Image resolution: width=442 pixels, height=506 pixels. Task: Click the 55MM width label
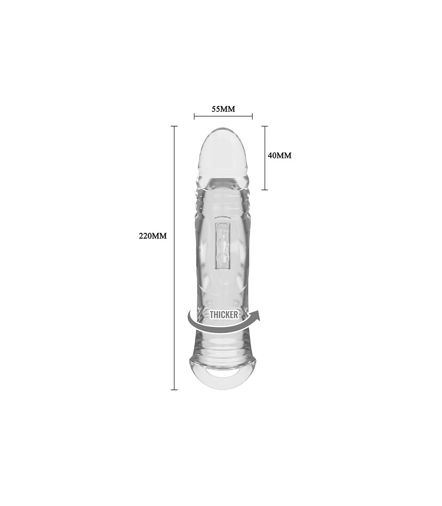pyautogui.click(x=223, y=109)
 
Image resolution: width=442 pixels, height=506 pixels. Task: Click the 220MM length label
pyautogui.click(x=153, y=236)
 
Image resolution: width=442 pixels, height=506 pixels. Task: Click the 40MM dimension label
pyautogui.click(x=280, y=156)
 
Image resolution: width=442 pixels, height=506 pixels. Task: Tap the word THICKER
pyautogui.click(x=224, y=315)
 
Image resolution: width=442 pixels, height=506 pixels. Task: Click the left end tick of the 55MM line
pyautogui.click(x=194, y=116)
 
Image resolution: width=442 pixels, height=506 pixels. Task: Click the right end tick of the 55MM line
pyautogui.click(x=252, y=116)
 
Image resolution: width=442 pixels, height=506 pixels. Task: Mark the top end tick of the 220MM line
pyautogui.click(x=174, y=126)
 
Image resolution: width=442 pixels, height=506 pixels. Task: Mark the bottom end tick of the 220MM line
pyautogui.click(x=174, y=390)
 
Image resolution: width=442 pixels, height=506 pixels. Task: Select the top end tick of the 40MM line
pyautogui.click(x=265, y=126)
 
